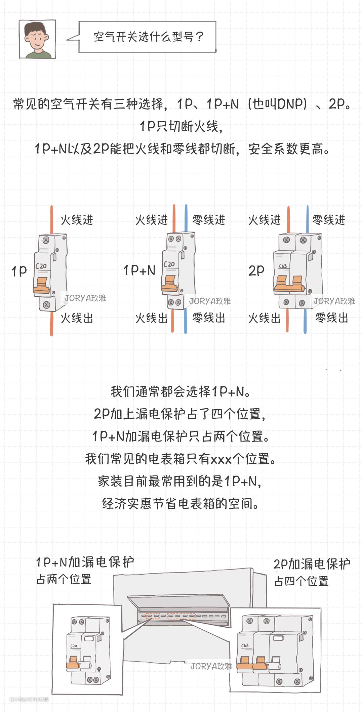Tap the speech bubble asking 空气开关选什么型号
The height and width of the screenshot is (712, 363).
point(148,37)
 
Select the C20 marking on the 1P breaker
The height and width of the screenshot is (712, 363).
point(41,266)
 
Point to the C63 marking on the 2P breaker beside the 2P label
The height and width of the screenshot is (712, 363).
point(283,266)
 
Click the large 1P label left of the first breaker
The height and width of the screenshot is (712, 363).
point(19,271)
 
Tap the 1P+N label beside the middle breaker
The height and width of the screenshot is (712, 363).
point(139,270)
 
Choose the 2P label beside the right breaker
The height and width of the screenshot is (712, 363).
point(256,271)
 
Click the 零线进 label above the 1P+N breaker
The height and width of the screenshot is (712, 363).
point(208,220)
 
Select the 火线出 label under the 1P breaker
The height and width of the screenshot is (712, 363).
point(77,318)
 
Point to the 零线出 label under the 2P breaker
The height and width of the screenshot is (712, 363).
point(331,318)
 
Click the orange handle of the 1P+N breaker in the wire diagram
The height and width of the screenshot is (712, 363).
point(170,284)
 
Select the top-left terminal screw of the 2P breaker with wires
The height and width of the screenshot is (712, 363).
point(286,240)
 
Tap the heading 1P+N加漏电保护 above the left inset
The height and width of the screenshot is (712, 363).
point(85,562)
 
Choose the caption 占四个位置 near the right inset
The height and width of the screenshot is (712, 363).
point(301,581)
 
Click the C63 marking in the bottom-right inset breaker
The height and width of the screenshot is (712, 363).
point(245,645)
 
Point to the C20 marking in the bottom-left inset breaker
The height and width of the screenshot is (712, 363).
point(74,646)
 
